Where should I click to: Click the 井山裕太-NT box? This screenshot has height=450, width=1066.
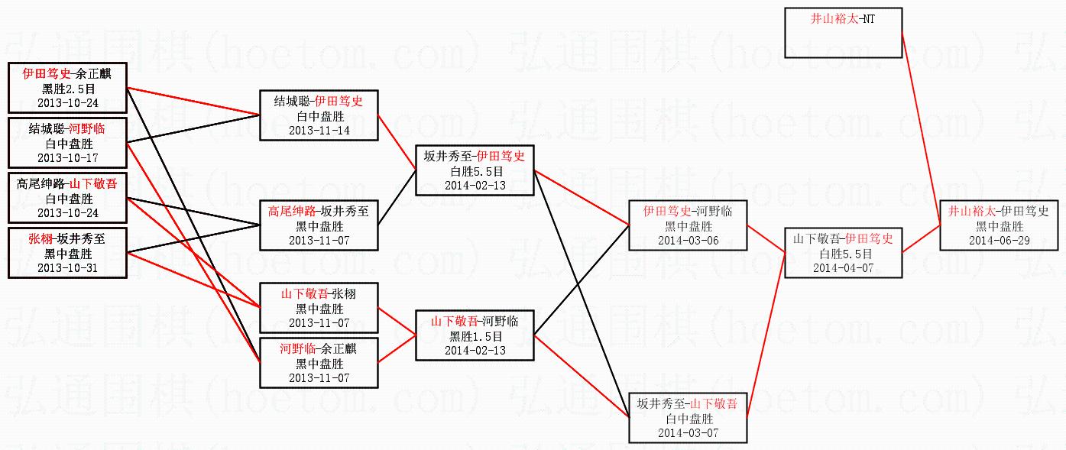coord(843,32)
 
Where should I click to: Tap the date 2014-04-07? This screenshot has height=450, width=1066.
coord(843,267)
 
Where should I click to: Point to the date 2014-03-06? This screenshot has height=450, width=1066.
coord(688,240)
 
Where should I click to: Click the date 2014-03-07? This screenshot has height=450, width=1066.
coord(688,433)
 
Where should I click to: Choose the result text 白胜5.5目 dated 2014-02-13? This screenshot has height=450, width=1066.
coord(475,171)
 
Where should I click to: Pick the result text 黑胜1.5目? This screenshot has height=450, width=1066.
coord(475,336)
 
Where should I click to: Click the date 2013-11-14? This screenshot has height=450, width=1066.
coord(319,130)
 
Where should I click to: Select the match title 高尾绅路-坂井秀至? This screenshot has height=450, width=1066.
coord(319,211)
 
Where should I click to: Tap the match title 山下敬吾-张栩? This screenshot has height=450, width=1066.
coord(319,293)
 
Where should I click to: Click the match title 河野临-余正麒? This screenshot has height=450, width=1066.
coord(319,348)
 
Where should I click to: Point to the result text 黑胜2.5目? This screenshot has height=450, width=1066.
coord(68,89)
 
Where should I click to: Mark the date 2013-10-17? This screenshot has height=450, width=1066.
coord(68,158)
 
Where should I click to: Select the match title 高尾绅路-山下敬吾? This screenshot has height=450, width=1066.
coord(68,184)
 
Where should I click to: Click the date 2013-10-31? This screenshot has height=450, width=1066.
coord(68,268)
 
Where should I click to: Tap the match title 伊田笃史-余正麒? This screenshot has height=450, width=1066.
coord(68,74)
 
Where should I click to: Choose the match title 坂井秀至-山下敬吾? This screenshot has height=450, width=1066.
coord(688,404)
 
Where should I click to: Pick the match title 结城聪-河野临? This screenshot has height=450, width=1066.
coord(68,129)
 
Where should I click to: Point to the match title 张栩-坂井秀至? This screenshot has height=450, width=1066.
coord(68,239)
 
